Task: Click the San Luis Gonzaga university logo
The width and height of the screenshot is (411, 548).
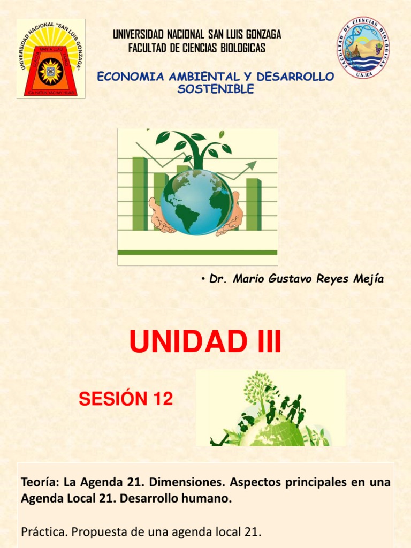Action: (x=50, y=59)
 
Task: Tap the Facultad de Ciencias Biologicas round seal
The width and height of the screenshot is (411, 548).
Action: (x=363, y=48)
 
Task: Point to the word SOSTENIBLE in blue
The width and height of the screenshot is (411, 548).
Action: (x=216, y=89)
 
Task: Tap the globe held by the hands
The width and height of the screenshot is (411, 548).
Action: (x=197, y=202)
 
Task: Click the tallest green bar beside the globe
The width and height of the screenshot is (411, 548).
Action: (x=140, y=193)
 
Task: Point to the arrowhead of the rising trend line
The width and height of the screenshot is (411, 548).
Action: (x=252, y=165)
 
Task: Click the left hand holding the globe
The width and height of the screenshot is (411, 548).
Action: (x=161, y=217)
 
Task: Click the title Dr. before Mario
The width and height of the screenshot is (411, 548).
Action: (x=217, y=279)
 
